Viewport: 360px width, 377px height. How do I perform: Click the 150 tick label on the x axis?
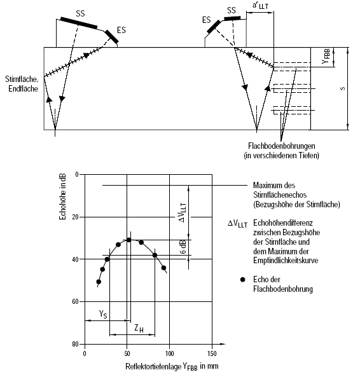tap(212, 353)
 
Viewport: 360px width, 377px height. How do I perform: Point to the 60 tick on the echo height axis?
tap(75, 302)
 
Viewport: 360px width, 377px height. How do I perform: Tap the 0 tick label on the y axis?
tap(77, 174)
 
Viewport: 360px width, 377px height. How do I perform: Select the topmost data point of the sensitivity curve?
tap(129, 240)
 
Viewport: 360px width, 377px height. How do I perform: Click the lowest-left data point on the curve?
tap(99, 282)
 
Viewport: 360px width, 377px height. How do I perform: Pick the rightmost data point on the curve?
tap(163, 268)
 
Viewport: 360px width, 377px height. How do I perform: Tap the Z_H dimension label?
tap(139, 329)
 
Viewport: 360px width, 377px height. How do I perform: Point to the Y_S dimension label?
tap(103, 314)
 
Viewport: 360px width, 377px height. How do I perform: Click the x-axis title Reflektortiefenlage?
tap(153, 367)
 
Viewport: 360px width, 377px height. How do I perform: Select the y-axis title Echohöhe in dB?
tap(62, 196)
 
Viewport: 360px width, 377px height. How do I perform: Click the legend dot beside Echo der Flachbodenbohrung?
tap(242, 279)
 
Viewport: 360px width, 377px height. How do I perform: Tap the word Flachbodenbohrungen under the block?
tap(282, 146)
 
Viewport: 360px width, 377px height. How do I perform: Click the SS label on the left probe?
tap(80, 13)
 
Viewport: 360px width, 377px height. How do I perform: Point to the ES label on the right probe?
tap(206, 20)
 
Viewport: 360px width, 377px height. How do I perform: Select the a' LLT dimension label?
tap(260, 6)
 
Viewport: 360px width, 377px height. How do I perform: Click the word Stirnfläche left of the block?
tap(22, 79)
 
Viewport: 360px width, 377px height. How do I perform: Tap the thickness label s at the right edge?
tap(343, 88)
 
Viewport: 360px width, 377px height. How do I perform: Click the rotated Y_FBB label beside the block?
tap(326, 57)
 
